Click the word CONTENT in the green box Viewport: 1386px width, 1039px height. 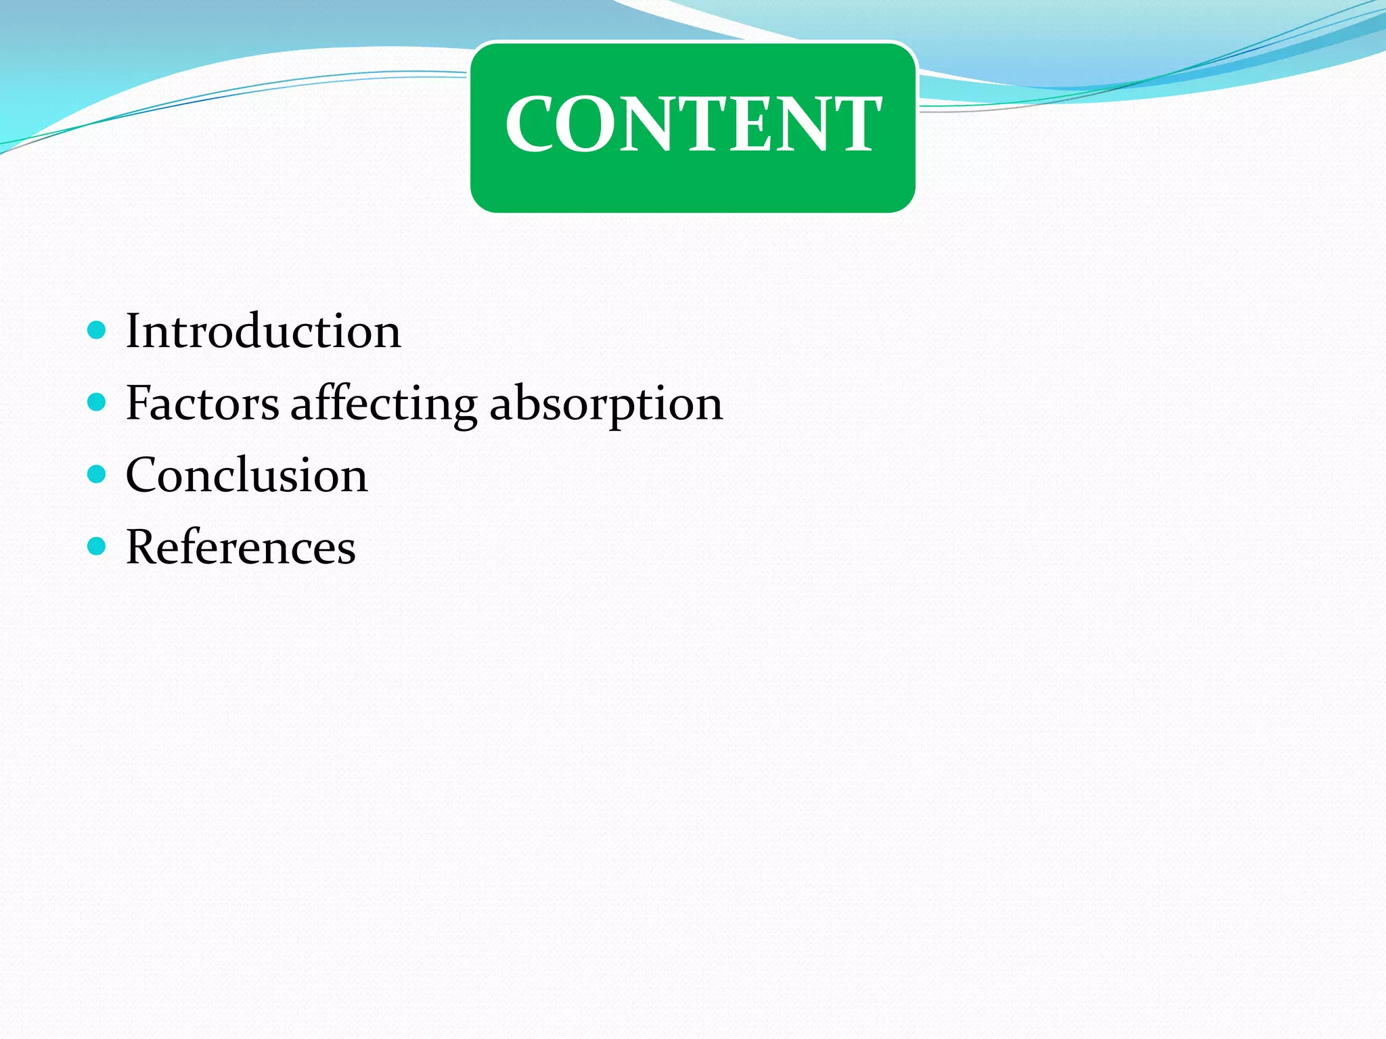(693, 123)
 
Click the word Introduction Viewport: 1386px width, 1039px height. (263, 331)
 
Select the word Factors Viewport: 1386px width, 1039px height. (202, 403)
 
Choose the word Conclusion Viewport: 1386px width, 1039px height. (247, 475)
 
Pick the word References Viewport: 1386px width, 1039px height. (241, 547)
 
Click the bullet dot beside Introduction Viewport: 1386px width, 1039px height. (97, 330)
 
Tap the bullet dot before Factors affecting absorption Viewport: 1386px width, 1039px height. (97, 402)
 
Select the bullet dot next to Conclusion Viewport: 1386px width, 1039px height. (97, 474)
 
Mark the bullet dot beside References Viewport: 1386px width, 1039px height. (97, 546)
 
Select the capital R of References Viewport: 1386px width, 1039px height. (141, 547)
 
